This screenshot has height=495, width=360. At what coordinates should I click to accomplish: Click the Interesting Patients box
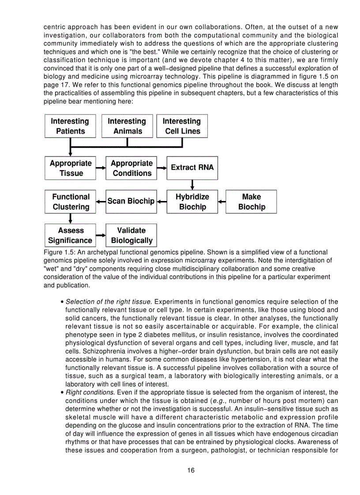[x=70, y=126]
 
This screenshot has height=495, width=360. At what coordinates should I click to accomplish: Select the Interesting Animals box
[x=127, y=126]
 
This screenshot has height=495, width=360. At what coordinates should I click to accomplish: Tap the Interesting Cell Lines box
[x=182, y=126]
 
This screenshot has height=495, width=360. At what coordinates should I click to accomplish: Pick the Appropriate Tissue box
[x=70, y=168]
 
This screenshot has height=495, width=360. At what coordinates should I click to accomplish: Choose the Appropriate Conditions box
[x=131, y=168]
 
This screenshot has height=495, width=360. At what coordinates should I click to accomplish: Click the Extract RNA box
[x=192, y=168]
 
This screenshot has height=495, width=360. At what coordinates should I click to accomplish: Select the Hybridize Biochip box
[x=192, y=202]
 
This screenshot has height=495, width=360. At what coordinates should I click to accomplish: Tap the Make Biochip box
[x=251, y=202]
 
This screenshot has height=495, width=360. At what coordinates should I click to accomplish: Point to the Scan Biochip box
[x=131, y=202]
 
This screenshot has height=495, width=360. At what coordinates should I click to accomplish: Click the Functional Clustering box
[x=70, y=202]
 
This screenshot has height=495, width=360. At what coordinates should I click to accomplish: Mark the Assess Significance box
[x=70, y=235]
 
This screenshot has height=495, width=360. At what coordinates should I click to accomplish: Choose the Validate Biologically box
[x=131, y=235]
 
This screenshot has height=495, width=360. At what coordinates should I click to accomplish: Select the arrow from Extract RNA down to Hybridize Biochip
[x=192, y=185]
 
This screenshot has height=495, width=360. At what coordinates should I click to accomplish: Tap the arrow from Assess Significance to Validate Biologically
[x=101, y=235]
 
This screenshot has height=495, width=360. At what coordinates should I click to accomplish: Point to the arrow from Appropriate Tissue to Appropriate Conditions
[x=101, y=168]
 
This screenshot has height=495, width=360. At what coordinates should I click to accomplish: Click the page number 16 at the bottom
[x=191, y=470]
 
